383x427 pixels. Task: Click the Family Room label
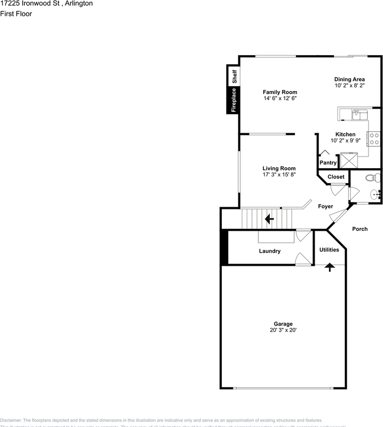(x=280, y=92)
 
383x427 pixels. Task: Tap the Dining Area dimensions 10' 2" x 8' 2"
(x=350, y=85)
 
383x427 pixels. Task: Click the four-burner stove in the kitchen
(x=374, y=139)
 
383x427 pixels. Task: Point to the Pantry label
(x=328, y=163)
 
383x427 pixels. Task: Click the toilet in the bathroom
(x=372, y=178)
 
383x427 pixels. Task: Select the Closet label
(x=336, y=177)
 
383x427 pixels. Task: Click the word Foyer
(x=326, y=206)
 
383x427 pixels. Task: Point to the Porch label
(x=360, y=229)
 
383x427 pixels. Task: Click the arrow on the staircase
(x=269, y=219)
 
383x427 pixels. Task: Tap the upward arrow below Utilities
(x=330, y=267)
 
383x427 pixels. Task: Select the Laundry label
(x=270, y=251)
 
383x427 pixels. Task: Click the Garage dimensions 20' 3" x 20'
(x=283, y=330)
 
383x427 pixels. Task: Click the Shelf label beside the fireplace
(x=233, y=76)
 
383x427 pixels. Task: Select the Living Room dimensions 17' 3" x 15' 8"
(x=279, y=174)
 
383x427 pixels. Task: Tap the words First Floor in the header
(x=16, y=14)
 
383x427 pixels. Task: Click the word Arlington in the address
(x=77, y=4)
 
